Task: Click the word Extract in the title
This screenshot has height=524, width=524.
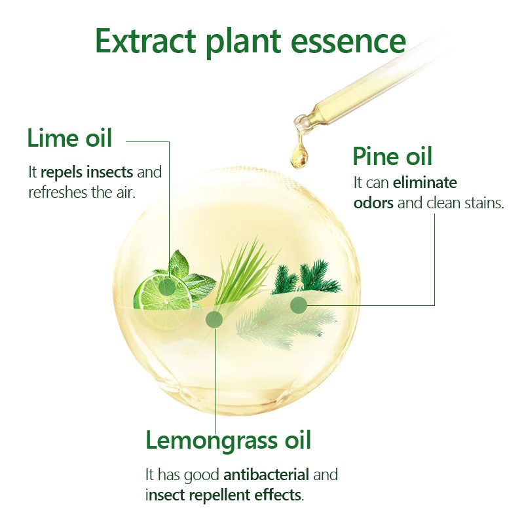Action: pyautogui.click(x=145, y=41)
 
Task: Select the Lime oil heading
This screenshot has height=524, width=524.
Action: pyautogui.click(x=69, y=138)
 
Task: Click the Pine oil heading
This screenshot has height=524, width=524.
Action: pyautogui.click(x=392, y=156)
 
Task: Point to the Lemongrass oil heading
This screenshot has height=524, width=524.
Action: pyautogui.click(x=228, y=440)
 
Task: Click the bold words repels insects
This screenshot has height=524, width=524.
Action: pyautogui.click(x=87, y=172)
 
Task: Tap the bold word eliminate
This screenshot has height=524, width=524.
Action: pyautogui.click(x=424, y=183)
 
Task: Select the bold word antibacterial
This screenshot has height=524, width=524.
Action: pyautogui.click(x=266, y=474)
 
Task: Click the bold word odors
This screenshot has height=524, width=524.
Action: pyautogui.click(x=373, y=203)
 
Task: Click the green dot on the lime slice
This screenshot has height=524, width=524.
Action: pyautogui.click(x=167, y=287)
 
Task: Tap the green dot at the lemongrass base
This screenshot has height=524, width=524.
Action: pyautogui.click(x=214, y=320)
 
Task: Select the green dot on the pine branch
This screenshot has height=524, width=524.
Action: pyautogui.click(x=299, y=305)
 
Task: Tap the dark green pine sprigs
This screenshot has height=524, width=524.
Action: pyautogui.click(x=307, y=276)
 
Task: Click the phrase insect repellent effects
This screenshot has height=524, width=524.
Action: pyautogui.click(x=224, y=495)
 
